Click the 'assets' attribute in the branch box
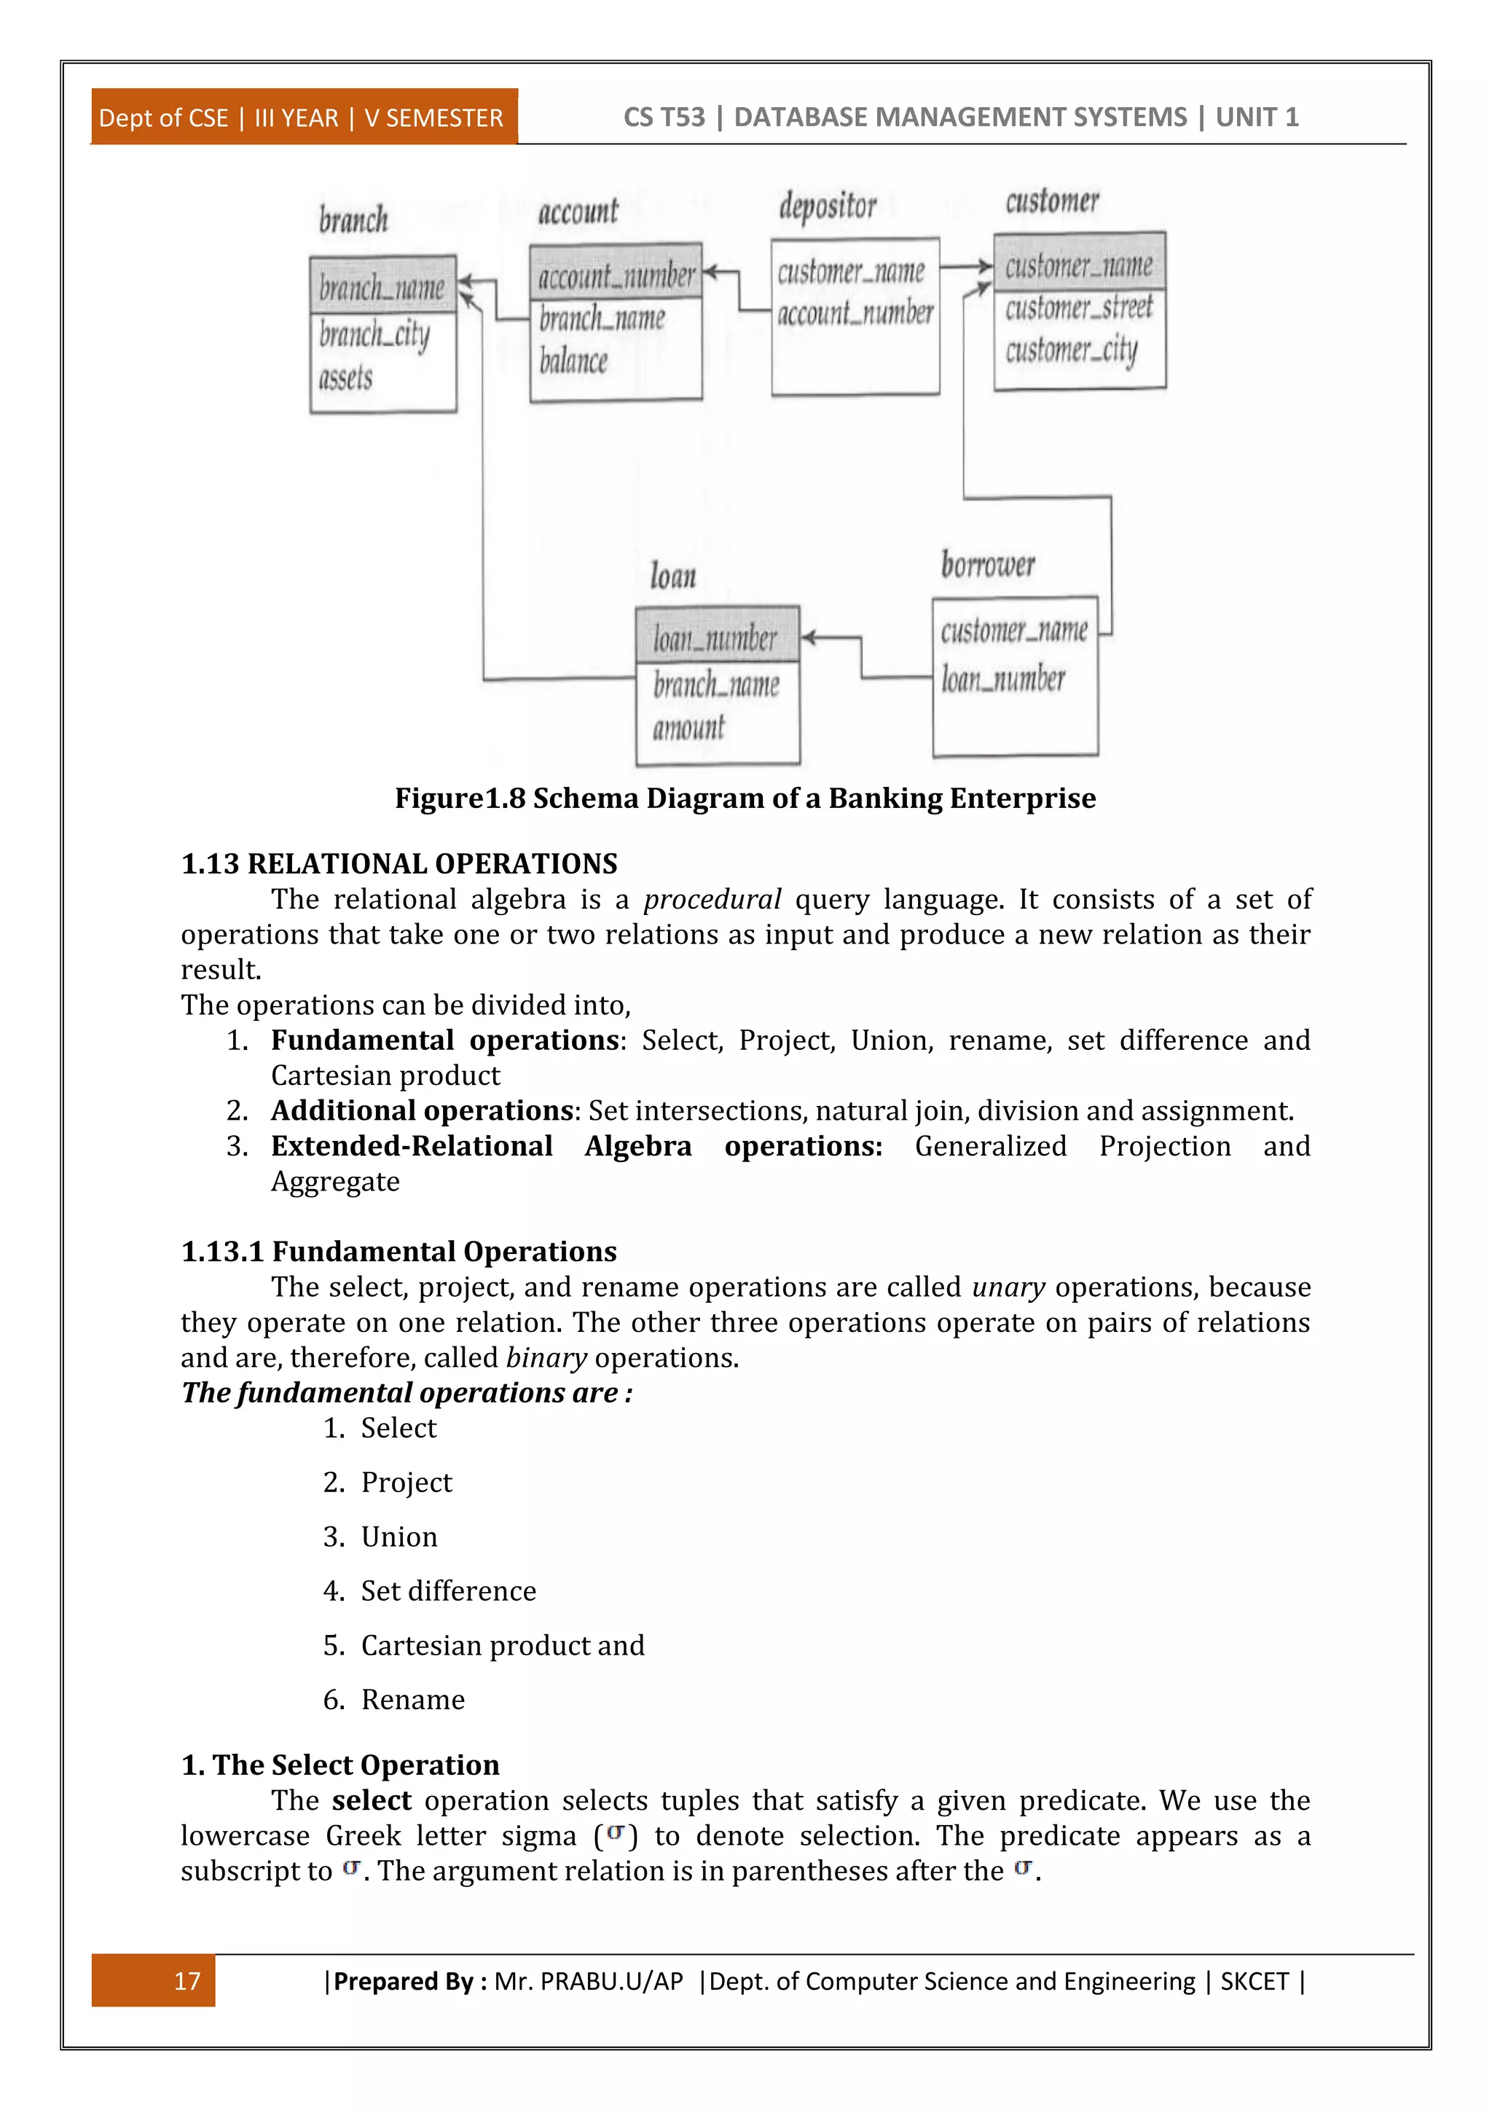346,377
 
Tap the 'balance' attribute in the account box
573,361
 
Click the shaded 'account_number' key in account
616,275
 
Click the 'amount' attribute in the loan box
688,729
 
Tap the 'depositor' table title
828,206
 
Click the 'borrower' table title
988,564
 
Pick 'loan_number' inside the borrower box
1003,679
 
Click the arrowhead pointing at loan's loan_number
809,637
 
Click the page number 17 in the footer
186,1980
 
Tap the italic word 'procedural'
712,899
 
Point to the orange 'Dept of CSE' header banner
302,117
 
